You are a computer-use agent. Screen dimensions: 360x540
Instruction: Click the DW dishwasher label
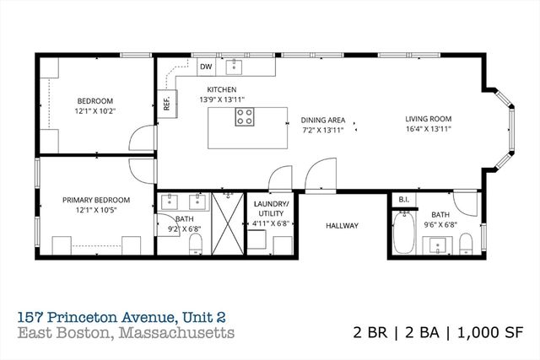coord(206,67)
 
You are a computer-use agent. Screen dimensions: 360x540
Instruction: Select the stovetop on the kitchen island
coord(246,117)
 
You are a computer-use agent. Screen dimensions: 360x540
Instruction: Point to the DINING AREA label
coord(321,120)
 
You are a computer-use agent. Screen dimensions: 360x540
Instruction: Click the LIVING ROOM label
coord(429,119)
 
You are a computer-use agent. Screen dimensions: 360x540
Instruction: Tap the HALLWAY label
coord(343,225)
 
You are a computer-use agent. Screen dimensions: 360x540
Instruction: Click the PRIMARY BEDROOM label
coord(96,200)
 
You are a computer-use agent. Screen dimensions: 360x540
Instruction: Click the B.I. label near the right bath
coord(402,199)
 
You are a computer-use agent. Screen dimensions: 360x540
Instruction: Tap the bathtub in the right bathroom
coord(403,233)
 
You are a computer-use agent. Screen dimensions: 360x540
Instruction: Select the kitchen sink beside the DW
coord(237,66)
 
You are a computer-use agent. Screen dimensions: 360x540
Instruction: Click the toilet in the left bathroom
coord(196,244)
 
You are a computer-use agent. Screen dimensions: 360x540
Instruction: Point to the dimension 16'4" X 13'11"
coord(429,130)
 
